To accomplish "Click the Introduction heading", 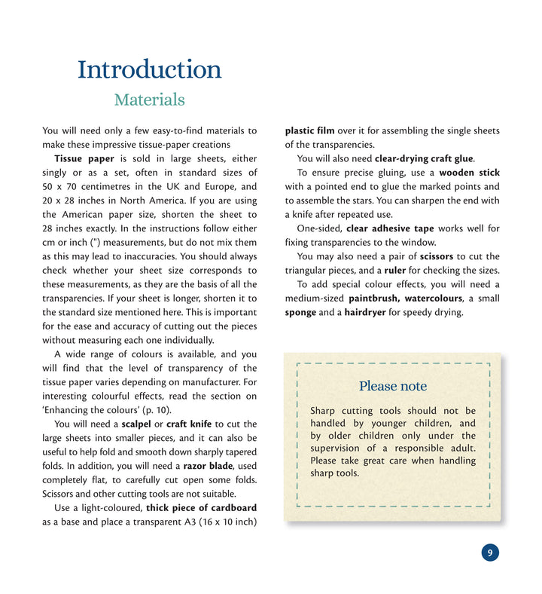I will [149, 69].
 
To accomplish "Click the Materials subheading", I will [149, 100].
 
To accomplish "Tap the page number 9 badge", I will [489, 553].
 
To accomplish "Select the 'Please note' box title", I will [392, 386].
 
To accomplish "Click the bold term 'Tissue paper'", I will [84, 159].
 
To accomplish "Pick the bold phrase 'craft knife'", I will [189, 424].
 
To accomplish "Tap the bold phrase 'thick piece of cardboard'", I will [201, 507].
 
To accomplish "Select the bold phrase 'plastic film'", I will [311, 131].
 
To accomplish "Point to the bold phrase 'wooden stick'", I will [469, 173].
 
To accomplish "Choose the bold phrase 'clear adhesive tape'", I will [390, 228].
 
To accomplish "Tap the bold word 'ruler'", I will [394, 271].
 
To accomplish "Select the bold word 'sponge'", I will [300, 312].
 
